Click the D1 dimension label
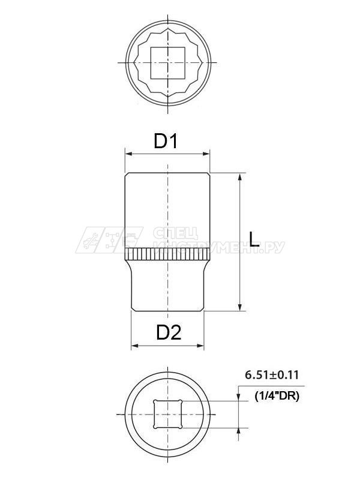pos(167,142)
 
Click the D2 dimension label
pos(169,332)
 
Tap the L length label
pos(254,241)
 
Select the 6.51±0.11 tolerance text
pos(271,375)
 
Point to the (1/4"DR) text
pos(277,396)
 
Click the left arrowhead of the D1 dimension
pos(128,154)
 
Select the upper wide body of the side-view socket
pos(168,210)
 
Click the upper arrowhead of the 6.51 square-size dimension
pos(240,398)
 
